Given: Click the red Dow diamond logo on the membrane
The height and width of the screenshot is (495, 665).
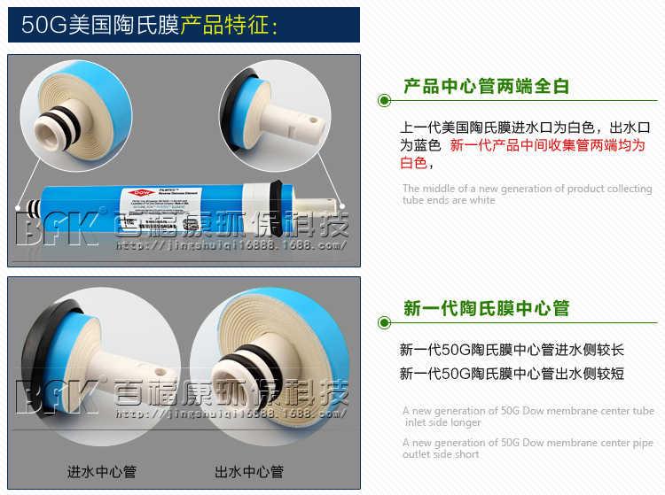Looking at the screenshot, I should pos(141,191).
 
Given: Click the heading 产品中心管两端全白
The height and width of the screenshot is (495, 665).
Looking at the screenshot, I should pos(486,86).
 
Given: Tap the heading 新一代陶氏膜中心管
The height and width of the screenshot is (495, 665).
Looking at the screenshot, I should pos(486,308).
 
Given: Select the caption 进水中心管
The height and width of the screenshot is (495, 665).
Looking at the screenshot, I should pos(102,471).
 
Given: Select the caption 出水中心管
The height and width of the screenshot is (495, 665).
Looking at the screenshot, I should pos(249,471).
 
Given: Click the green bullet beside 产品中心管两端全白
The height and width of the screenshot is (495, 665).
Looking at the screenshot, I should pos(384,100).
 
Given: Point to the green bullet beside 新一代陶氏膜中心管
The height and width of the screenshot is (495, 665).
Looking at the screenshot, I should pos(384,322).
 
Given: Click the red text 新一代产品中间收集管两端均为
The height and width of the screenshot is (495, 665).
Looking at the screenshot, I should pos(547,145).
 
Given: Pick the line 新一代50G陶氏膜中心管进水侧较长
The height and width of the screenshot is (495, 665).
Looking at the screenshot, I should pos(512,350).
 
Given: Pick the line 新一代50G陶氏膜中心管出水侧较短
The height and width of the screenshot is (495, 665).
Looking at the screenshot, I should pos(512,374).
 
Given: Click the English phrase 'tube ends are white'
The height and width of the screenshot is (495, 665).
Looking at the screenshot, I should pos(449,200).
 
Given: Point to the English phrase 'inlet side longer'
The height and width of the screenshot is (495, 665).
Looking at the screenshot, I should pos(442,422).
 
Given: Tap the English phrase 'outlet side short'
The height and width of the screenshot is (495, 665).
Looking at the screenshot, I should pos(442,454).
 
